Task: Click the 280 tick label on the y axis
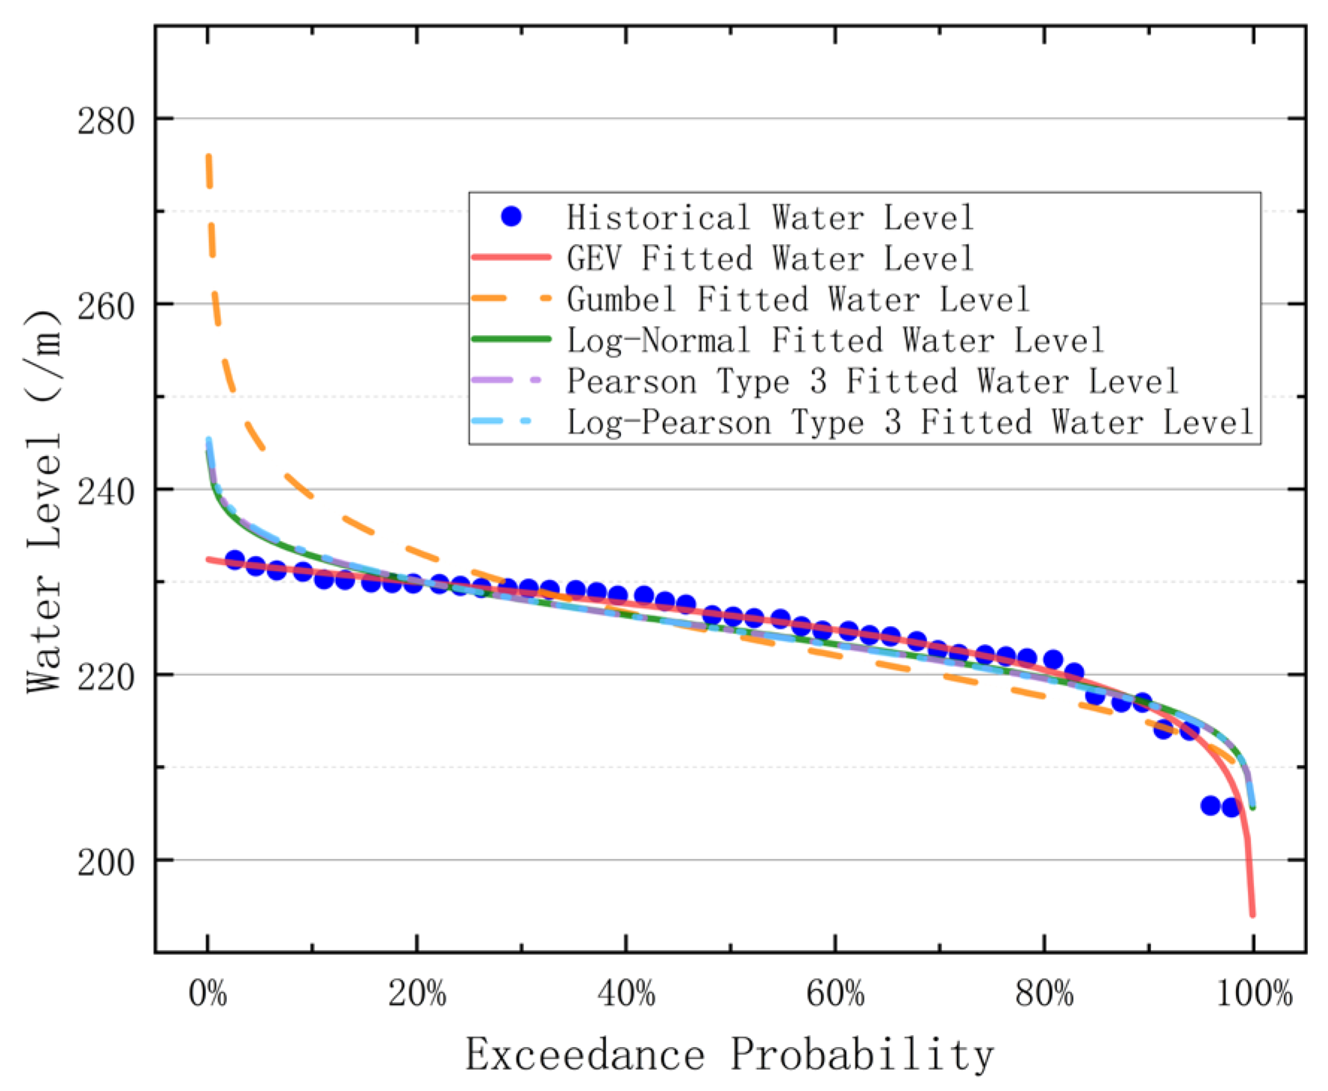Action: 105,121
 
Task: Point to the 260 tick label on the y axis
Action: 105,306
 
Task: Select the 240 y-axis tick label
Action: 105,492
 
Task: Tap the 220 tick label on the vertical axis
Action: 105,677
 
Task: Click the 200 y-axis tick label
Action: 105,863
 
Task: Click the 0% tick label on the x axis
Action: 208,994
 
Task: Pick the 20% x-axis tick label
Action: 417,994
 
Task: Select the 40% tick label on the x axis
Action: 626,994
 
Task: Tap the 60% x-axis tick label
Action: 835,994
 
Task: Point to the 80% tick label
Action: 1044,994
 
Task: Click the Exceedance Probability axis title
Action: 729,1054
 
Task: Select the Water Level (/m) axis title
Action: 43,501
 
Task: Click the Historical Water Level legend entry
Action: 770,217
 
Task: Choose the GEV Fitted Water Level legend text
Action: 770,258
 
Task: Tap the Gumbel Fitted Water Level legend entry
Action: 798,299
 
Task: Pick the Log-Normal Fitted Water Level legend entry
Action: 835,340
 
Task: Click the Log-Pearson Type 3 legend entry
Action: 909,422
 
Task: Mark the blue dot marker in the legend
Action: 511,216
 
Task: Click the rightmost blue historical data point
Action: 1231,807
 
